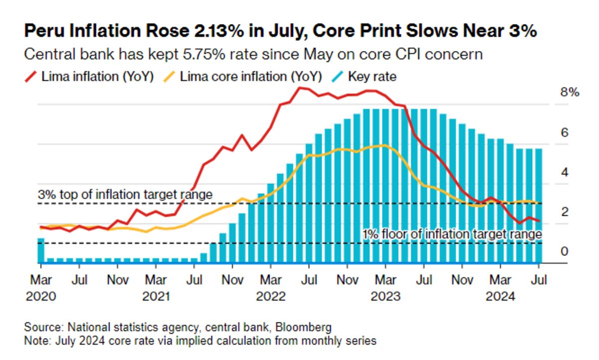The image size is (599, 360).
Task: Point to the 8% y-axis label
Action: point(569,93)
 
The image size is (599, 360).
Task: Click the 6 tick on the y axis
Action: point(565,133)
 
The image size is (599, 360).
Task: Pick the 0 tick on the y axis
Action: point(565,251)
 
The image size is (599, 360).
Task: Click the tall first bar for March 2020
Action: point(41,250)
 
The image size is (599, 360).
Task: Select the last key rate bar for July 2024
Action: point(539,205)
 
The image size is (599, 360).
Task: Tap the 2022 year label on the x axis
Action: point(271,296)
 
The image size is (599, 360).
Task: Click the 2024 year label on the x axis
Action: point(500,296)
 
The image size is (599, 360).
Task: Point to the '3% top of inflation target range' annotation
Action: point(125,194)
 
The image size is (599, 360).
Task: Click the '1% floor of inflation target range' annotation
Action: point(452,234)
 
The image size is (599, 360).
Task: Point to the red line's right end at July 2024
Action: point(538,221)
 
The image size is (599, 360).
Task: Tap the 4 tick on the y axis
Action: point(565,172)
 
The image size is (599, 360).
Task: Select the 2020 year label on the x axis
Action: point(40,296)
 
